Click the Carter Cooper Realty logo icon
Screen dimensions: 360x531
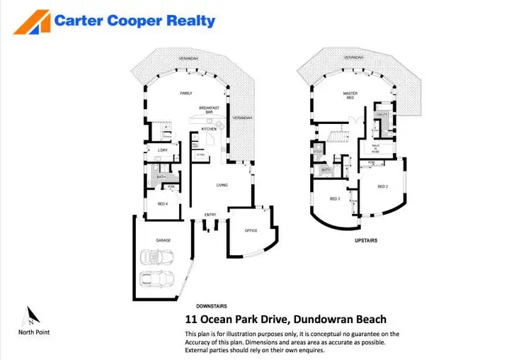coord(31,22)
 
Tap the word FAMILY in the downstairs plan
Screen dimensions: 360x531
coord(186,93)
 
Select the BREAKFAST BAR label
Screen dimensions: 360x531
coord(209,110)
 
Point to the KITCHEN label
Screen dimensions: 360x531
coord(209,129)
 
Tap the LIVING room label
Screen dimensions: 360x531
coord(222,185)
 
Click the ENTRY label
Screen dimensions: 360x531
coord(210,215)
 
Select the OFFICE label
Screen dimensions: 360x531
coord(251,230)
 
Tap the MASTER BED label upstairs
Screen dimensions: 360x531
coord(349,96)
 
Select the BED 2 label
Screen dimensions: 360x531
coord(383,186)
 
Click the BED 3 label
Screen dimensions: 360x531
coord(335,199)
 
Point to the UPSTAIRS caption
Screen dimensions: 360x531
coord(365,241)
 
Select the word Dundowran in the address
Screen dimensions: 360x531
coord(316,320)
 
